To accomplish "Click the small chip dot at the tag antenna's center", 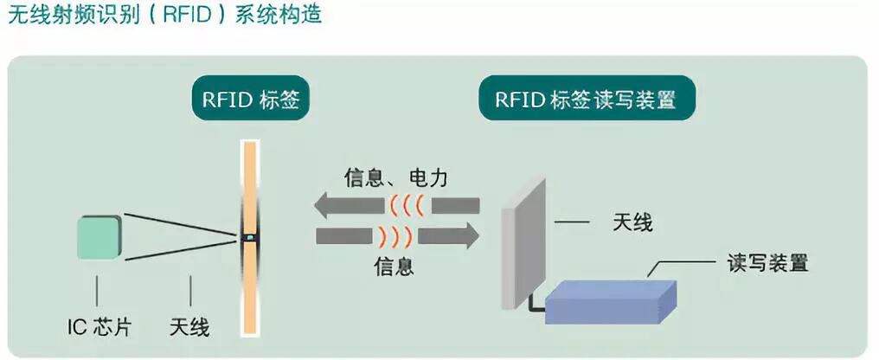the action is [x=250, y=235].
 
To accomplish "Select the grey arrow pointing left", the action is [x=346, y=207].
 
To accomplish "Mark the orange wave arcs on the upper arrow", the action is [x=406, y=207].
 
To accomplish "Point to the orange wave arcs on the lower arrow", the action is [x=393, y=235].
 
